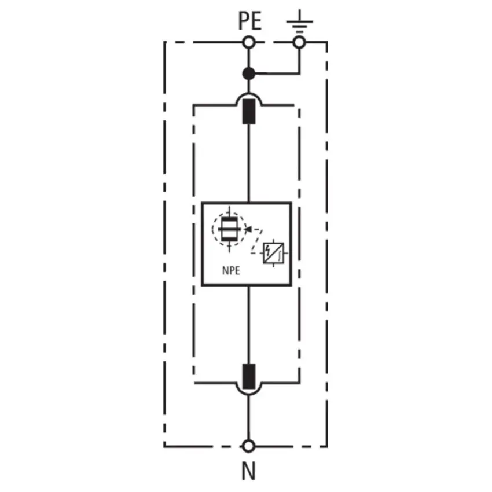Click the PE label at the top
pos(250,21)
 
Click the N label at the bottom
pos(248,471)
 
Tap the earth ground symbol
pos(300,21)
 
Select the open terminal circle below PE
pos(249,42)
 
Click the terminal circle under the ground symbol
pos(299,42)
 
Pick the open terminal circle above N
pos(248,446)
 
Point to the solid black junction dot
pos(249,74)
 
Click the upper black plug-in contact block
pos(249,111)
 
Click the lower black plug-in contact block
pos(249,376)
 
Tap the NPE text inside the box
pos(231,270)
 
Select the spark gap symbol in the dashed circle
pos(229,229)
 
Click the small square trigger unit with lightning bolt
pos(274,253)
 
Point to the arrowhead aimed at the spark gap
pos(248,229)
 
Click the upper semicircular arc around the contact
pos(249,93)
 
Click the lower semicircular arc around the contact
pos(249,394)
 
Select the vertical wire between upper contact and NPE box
pos(249,163)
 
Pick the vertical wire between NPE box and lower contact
pos(249,325)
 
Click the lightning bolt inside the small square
pos(267,250)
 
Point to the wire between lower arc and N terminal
pos(248,417)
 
